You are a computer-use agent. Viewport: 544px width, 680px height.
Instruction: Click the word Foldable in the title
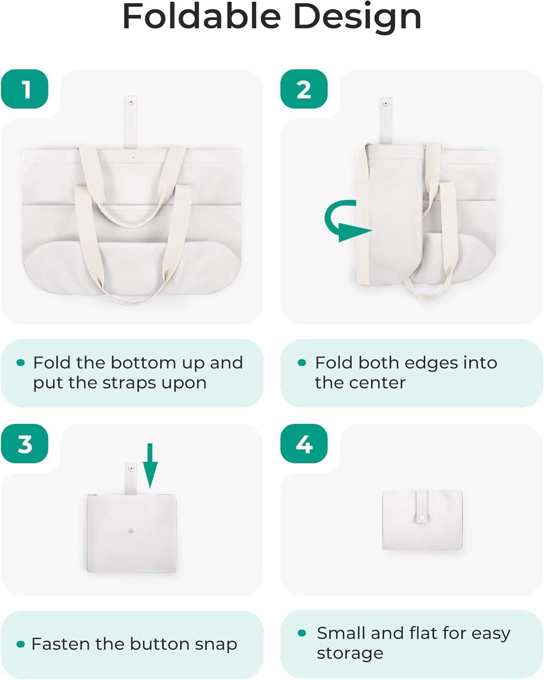(x=201, y=16)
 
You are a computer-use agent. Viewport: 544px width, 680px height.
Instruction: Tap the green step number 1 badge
(x=25, y=89)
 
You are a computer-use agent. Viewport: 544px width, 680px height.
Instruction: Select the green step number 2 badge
(x=304, y=89)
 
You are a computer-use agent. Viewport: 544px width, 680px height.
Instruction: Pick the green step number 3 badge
(x=25, y=444)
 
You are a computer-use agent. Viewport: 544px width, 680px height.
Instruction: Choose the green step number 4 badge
(x=304, y=444)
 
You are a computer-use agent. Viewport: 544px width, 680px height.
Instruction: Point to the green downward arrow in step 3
(x=150, y=466)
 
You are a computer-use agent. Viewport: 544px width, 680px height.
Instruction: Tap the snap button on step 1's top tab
(x=130, y=102)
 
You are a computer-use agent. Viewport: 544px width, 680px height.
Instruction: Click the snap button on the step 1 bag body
(x=133, y=157)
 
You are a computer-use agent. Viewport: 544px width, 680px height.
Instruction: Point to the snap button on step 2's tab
(x=385, y=103)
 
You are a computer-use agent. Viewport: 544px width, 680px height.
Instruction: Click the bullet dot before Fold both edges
(x=302, y=362)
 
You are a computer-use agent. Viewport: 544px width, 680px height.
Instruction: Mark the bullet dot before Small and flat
(x=302, y=632)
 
